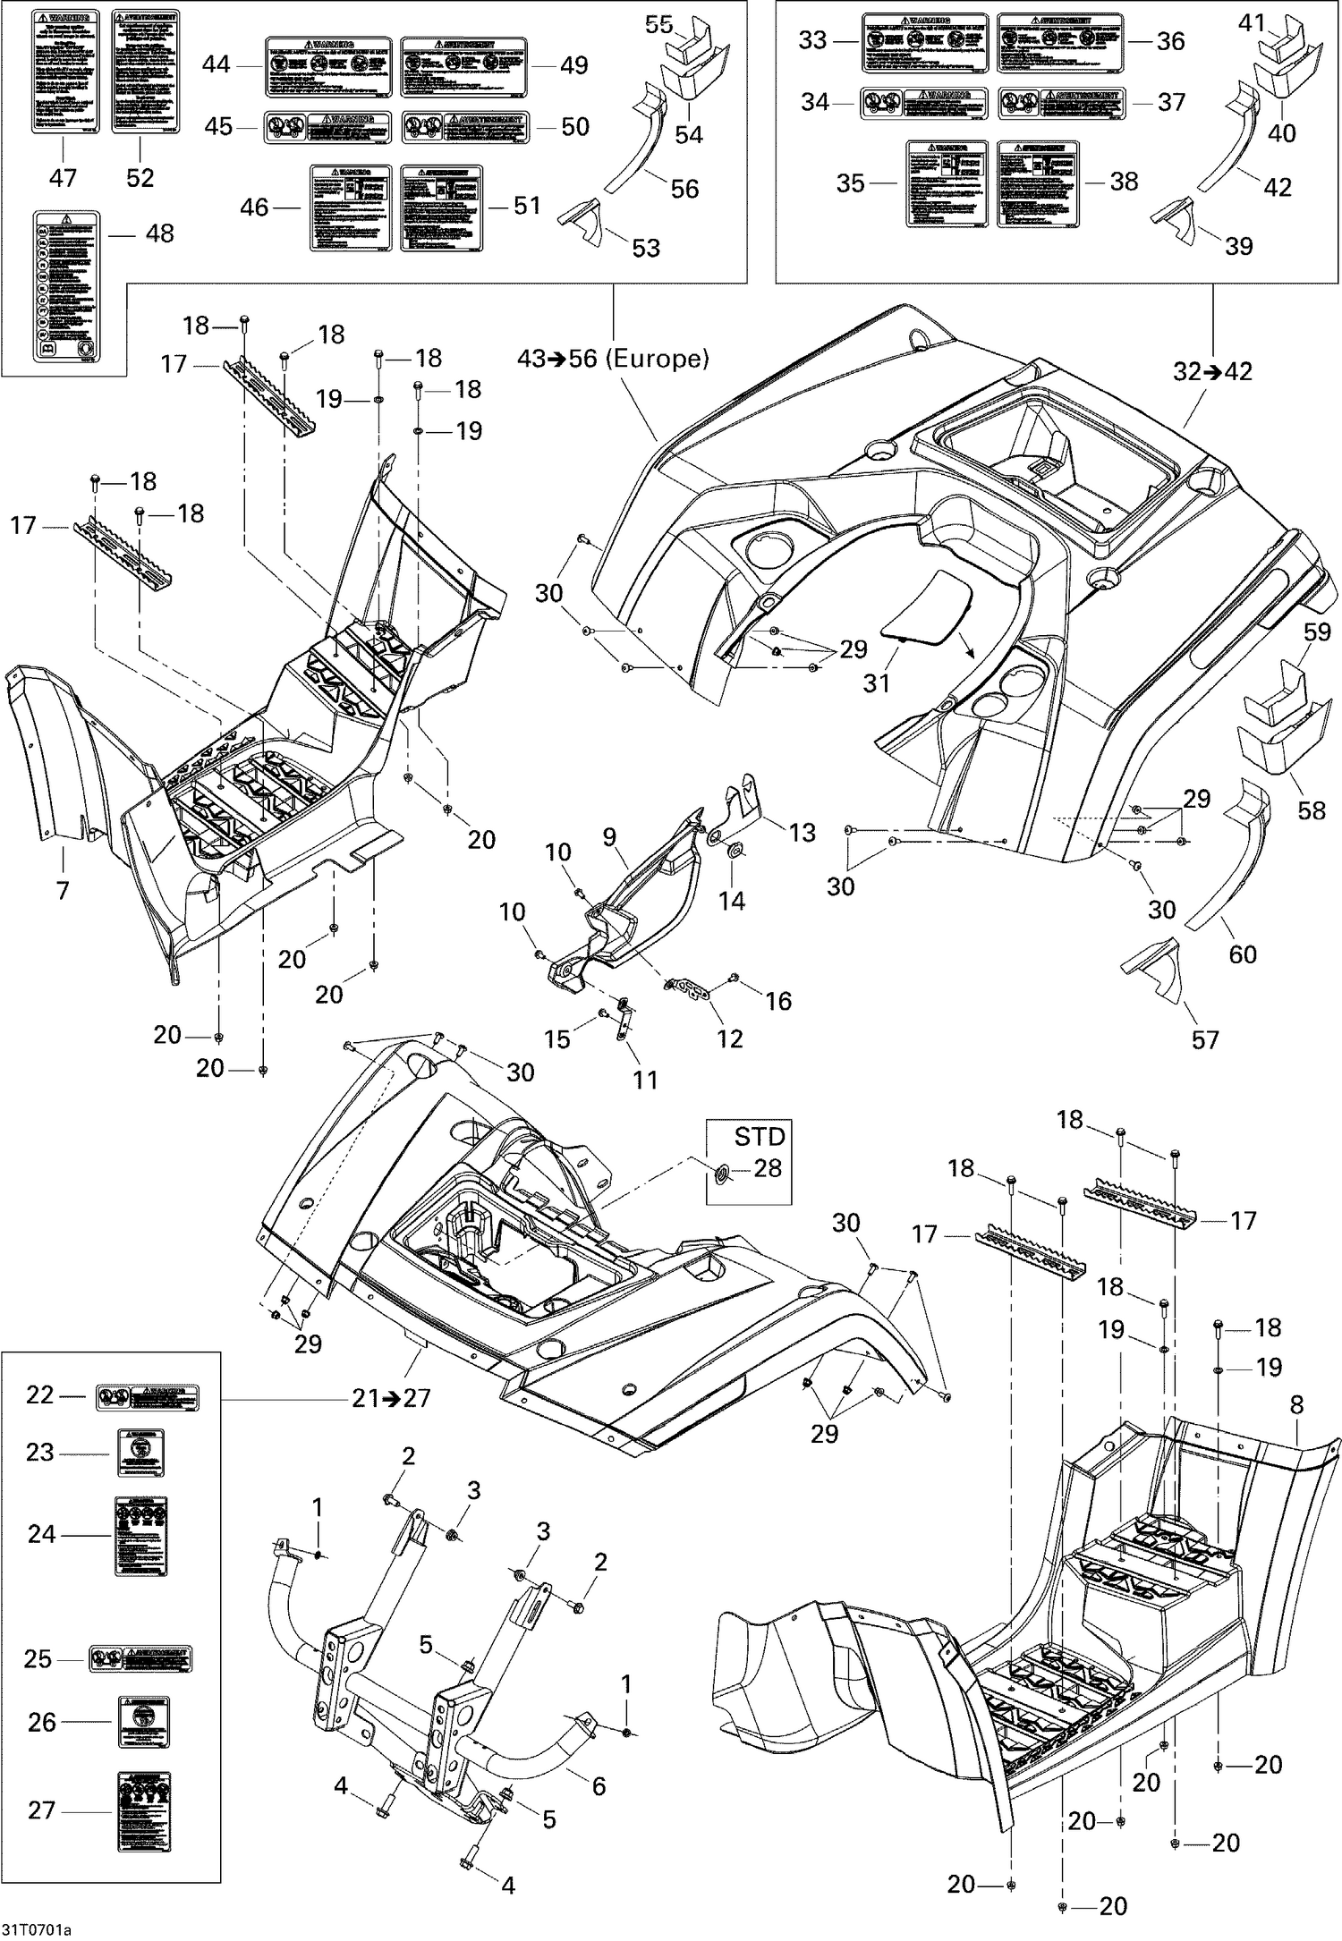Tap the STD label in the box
pos(760,1137)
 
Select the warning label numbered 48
pos(67,286)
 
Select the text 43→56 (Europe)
pos(613,359)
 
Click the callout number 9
pos(609,837)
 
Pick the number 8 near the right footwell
pos(1297,1405)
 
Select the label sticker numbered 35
pos(947,183)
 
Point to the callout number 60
pos(1242,954)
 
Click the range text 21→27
pos(391,1398)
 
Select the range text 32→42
pos(1213,371)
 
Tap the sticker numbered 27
pos(144,1810)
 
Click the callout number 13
pos(802,833)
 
